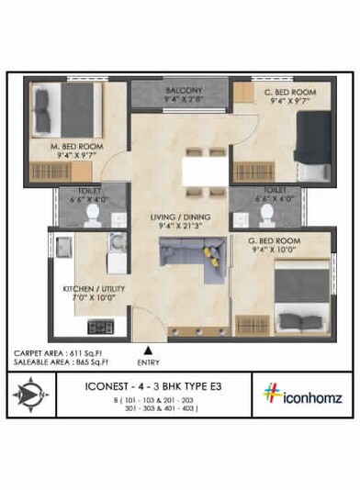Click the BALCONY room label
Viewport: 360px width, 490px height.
[184, 90]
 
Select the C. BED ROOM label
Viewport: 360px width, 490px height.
[289, 92]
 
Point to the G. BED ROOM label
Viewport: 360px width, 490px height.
[275, 240]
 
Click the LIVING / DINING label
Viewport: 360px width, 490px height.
[180, 217]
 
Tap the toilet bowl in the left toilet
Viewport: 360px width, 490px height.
[91, 214]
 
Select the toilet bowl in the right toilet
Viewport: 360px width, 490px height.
[266, 213]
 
